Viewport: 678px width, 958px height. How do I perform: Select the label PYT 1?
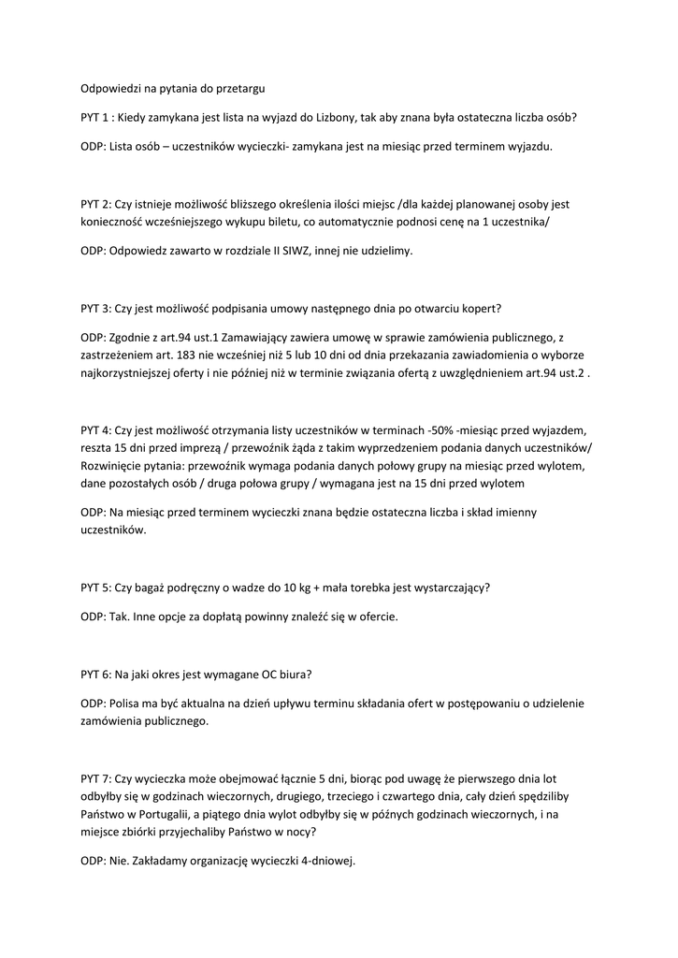coord(95,118)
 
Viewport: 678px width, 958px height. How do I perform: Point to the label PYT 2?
coord(95,203)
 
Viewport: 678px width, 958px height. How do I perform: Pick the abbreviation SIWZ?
coord(294,251)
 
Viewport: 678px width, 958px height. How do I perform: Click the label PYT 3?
coord(95,308)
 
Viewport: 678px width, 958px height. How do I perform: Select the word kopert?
coord(482,308)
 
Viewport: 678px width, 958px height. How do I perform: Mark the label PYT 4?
coord(95,430)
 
